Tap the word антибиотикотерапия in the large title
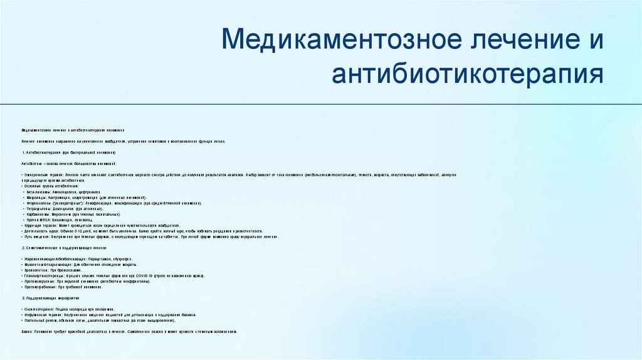[x=468, y=74]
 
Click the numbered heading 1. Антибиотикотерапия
[x=69, y=152]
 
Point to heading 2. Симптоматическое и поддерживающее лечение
[x=69, y=248]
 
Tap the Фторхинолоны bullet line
[x=113, y=203]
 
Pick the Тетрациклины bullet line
[x=69, y=209]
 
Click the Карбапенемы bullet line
[x=75, y=214]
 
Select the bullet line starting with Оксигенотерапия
[x=69, y=310]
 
